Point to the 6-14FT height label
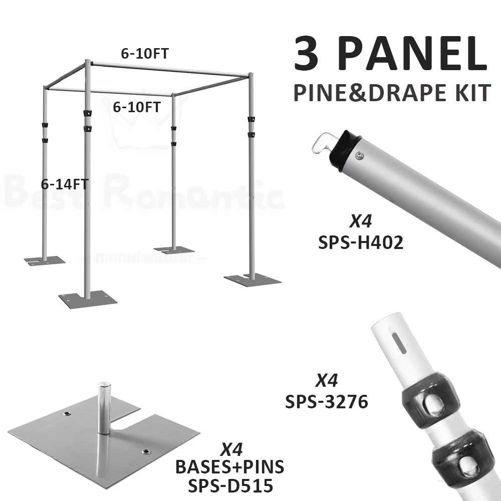coord(65,184)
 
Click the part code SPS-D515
coord(229,485)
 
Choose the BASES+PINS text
coord(229,467)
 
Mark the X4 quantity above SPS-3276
coord(327,381)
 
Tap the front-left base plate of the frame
coord(88,299)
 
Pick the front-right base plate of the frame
coord(250,279)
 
